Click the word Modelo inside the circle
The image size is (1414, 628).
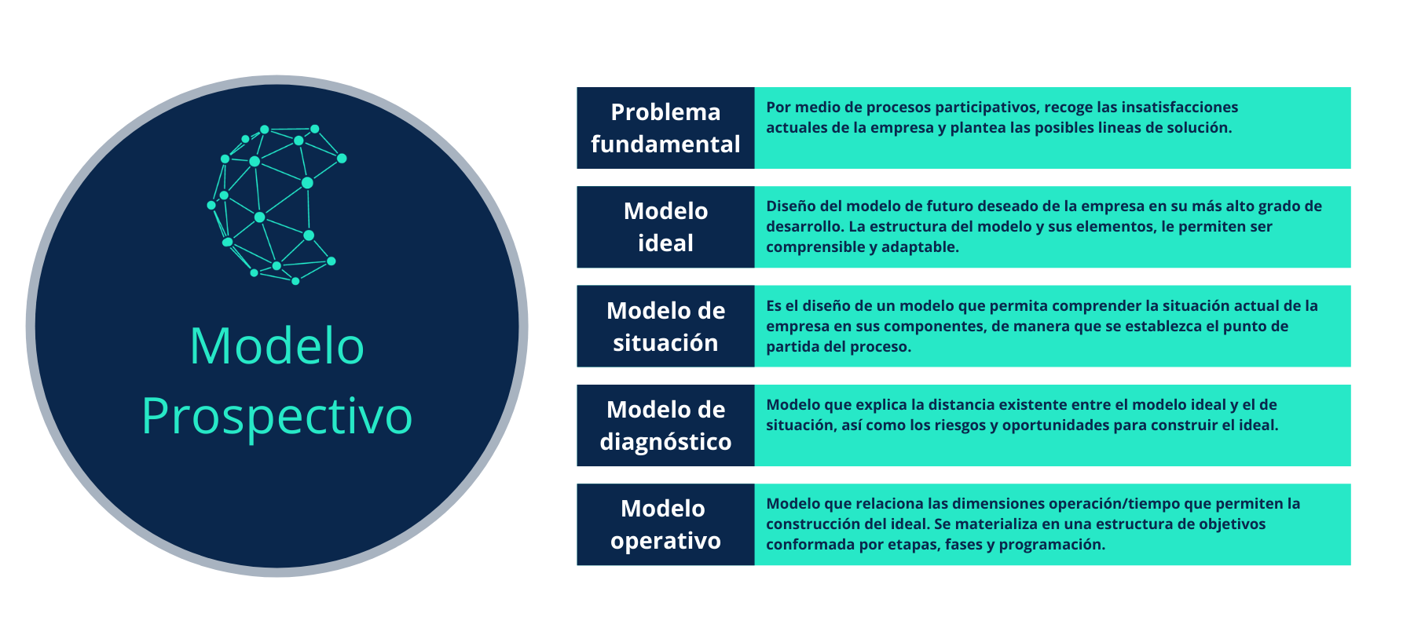277,346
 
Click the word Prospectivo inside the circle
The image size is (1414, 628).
277,417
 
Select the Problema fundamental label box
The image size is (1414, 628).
665,128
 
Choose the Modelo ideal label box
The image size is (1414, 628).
665,227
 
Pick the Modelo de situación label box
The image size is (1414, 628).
665,326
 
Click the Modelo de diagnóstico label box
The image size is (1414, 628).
665,425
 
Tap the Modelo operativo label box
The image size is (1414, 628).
665,524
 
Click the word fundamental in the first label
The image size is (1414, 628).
665,144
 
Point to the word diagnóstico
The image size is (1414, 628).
665,442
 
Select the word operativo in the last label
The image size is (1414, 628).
665,541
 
